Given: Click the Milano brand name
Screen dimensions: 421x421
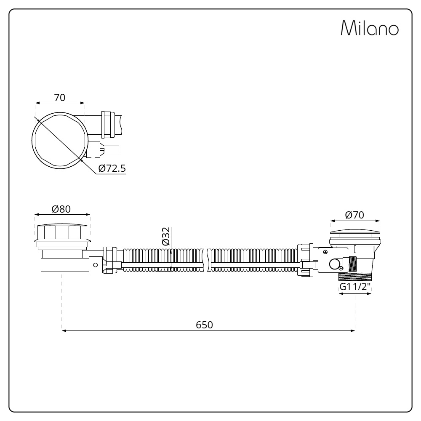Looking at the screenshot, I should [x=369, y=28].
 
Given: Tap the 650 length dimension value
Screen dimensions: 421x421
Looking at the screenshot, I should [x=205, y=325].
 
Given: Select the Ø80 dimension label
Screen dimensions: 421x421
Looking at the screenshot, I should [x=61, y=209].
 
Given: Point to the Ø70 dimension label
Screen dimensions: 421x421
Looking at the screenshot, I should [x=354, y=215].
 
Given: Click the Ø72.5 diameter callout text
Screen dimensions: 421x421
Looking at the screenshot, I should [x=112, y=168].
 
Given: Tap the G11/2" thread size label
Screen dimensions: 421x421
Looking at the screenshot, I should [x=355, y=287].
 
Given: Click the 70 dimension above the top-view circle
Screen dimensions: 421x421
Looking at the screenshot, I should [x=60, y=97].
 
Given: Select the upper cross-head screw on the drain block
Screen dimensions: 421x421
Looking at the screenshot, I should [x=325, y=252].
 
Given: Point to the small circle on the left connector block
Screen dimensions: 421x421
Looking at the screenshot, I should [x=95, y=265].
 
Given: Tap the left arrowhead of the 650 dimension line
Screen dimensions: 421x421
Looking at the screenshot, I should [x=64, y=330].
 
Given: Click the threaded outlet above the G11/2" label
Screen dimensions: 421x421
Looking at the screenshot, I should [x=355, y=276].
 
